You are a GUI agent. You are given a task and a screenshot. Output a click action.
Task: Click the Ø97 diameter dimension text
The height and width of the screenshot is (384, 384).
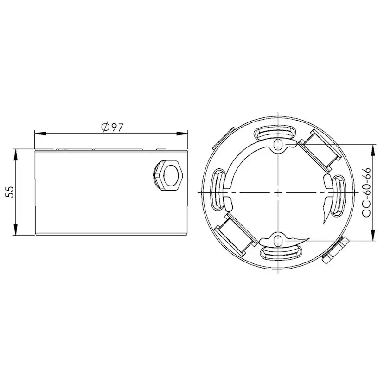click(x=111, y=127)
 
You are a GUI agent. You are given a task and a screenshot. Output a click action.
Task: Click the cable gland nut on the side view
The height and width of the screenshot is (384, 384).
click(x=169, y=174)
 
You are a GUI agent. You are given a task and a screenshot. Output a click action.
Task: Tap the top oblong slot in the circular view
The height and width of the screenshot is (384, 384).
click(x=277, y=132)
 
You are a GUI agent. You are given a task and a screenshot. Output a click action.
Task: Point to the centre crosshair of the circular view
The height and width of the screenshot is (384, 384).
click(x=277, y=192)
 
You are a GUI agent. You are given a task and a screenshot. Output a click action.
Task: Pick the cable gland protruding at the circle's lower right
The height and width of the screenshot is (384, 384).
click(x=334, y=250)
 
